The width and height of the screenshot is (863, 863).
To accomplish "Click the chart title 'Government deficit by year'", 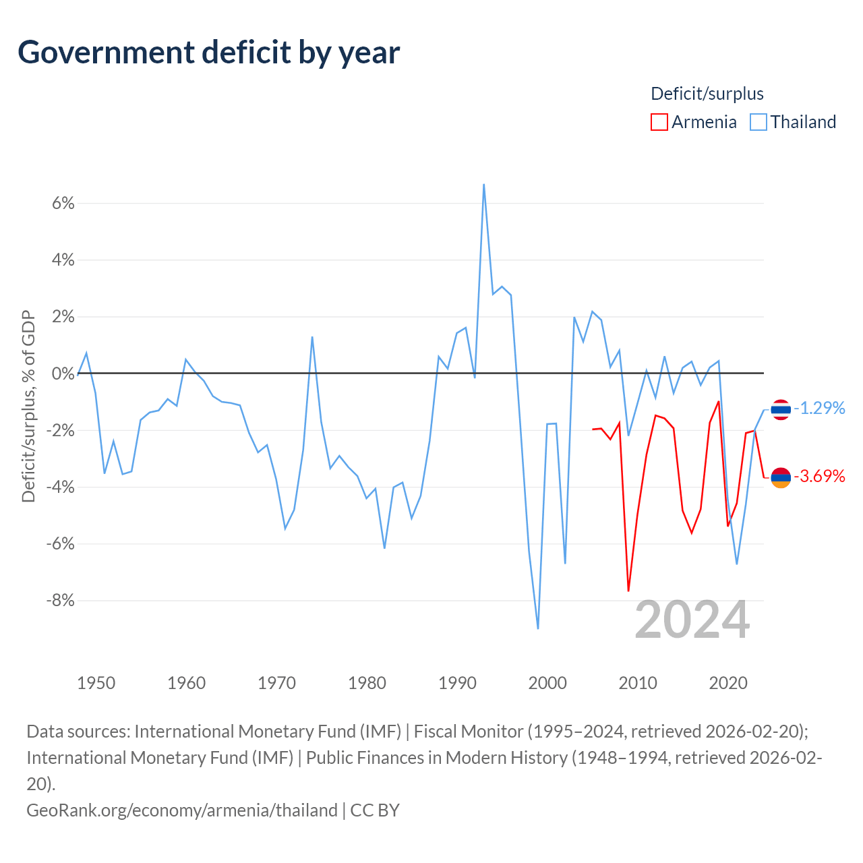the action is (208, 53).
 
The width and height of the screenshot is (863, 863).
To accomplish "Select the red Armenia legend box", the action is (659, 122).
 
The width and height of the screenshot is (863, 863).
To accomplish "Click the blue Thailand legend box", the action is (758, 122).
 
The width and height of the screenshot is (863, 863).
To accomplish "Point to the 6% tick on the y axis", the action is (63, 204).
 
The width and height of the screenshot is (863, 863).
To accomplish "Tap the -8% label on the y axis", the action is (60, 600).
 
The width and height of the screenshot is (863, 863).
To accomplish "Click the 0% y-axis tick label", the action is (63, 373).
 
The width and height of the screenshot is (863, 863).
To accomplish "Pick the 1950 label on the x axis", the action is (96, 683).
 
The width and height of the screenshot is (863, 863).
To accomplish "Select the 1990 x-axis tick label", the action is (457, 683).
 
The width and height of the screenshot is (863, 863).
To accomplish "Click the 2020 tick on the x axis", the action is (728, 683).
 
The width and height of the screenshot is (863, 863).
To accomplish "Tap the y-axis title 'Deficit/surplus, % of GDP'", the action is (28, 406).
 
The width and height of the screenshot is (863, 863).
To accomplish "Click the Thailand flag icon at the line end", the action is (781, 409).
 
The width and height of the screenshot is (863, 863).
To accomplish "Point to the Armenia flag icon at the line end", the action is (781, 477).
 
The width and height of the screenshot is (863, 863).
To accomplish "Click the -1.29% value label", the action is (820, 408).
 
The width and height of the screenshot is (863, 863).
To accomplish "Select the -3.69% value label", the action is (820, 475).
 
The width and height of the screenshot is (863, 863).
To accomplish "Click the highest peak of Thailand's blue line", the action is (483, 185).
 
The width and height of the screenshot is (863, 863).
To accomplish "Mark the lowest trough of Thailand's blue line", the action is (538, 628).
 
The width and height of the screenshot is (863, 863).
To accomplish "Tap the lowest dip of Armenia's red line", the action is (628, 591).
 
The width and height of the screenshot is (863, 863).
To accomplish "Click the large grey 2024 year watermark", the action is (692, 620).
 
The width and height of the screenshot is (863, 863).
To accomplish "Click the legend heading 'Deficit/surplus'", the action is (707, 94).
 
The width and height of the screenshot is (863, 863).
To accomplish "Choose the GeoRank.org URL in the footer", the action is (182, 810).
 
